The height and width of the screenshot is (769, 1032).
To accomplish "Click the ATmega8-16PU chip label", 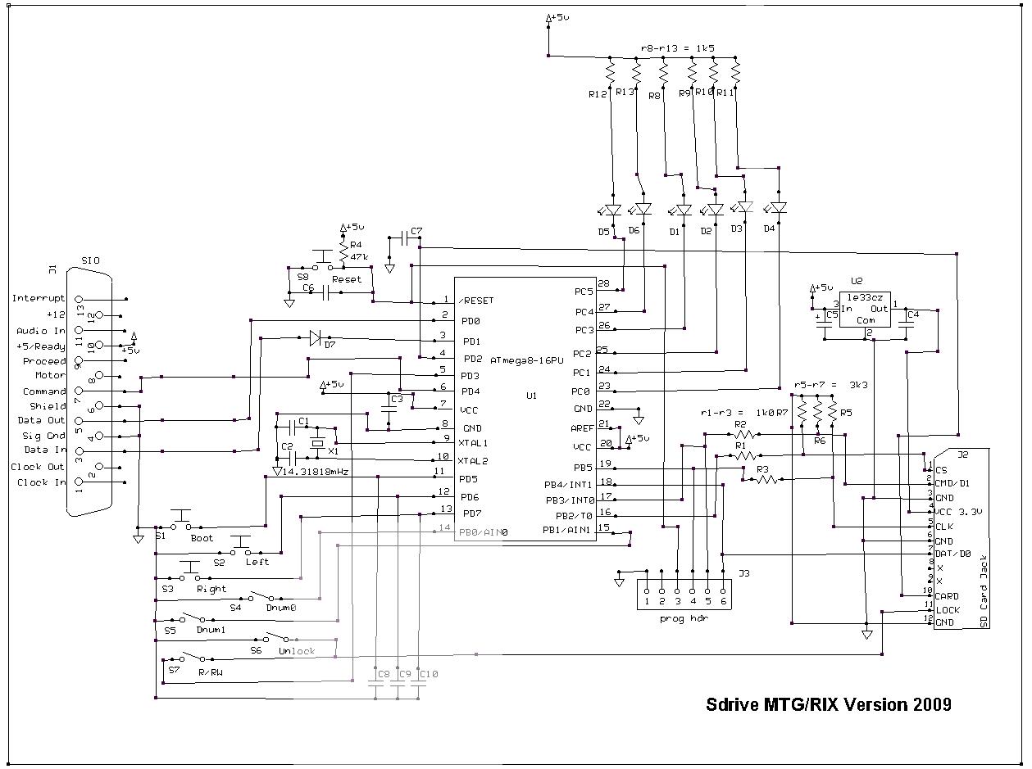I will (x=527, y=360).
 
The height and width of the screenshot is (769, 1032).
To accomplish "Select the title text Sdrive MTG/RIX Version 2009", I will (x=829, y=704).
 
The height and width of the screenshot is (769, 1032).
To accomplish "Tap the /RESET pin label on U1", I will (x=476, y=301).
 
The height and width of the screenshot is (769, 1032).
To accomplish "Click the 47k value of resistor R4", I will (x=359, y=256).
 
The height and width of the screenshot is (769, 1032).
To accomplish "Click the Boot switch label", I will (x=202, y=538).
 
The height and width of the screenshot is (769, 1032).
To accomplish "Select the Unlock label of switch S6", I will (x=296, y=651).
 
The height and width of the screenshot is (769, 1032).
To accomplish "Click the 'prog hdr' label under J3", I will (x=683, y=618).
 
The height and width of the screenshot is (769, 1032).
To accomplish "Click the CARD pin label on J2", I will (x=947, y=596).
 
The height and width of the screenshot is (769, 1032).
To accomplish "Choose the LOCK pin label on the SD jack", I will (x=947, y=610).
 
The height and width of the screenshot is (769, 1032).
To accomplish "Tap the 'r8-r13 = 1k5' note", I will (x=677, y=48).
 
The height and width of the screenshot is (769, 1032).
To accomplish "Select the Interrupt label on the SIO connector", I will (x=38, y=298).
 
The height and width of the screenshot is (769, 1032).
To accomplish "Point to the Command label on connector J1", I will (x=43, y=391).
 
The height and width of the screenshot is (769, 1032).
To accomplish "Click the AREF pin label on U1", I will (x=583, y=427).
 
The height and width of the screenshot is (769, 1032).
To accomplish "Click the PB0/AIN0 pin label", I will (x=484, y=532).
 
